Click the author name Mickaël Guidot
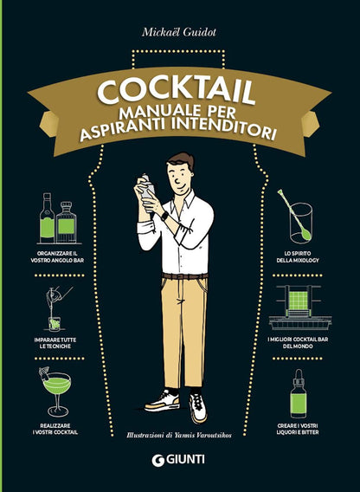click(181, 33)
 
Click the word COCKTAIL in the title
click(180, 91)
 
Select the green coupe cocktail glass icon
click(54, 385)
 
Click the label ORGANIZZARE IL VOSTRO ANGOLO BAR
click(54, 256)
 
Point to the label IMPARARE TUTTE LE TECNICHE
click(54, 342)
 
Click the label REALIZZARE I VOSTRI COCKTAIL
click(54, 429)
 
